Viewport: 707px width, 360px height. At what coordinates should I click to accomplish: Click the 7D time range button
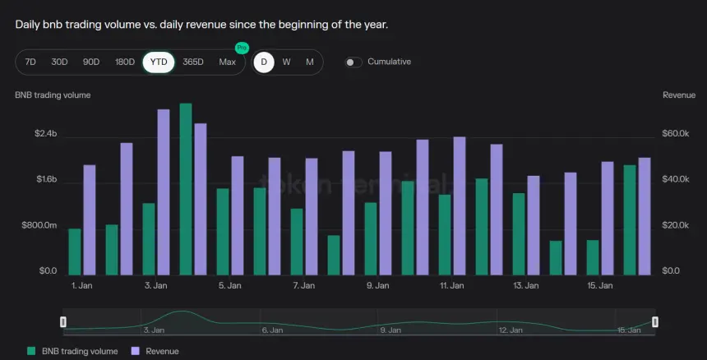coord(30,62)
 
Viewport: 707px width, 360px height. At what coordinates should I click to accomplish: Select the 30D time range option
coord(59,62)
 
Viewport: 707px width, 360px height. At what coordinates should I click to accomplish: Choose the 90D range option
coord(91,62)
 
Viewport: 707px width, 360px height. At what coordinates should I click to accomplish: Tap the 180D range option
coord(125,62)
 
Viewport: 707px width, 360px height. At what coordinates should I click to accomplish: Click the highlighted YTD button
coord(158,62)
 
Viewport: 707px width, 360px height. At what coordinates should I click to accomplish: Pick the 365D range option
coord(193,62)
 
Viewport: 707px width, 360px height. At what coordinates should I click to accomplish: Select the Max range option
coord(228,62)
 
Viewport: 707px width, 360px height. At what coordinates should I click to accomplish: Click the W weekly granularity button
coord(286,62)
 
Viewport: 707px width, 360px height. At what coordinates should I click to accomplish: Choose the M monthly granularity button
coord(310,62)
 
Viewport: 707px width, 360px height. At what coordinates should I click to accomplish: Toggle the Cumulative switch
coord(354,62)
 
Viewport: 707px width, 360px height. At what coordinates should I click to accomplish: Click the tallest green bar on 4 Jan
coord(186,189)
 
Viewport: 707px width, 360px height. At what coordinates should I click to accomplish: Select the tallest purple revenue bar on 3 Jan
coord(164,192)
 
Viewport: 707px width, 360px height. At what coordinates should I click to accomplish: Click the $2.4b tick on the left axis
coord(45,134)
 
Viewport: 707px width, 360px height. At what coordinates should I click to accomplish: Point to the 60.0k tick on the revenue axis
coord(676,134)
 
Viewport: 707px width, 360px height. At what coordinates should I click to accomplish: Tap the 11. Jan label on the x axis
coord(452,286)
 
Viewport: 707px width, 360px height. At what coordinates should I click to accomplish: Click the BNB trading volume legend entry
coord(72,351)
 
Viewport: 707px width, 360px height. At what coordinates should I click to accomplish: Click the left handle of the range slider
coord(63,321)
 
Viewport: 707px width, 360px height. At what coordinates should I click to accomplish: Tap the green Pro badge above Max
coord(241,48)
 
